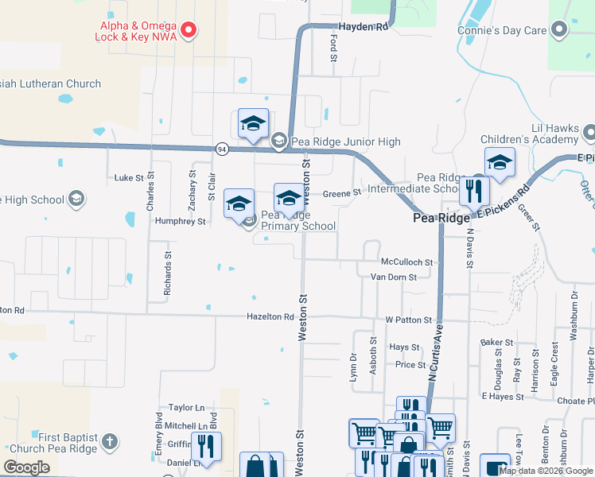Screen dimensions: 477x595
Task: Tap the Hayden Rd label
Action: (363, 26)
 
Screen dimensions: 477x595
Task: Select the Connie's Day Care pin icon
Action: (559, 30)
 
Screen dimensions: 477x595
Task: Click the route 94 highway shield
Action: (222, 149)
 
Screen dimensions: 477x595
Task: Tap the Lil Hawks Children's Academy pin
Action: (589, 130)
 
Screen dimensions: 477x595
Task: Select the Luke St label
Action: (129, 178)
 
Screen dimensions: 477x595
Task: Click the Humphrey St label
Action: (181, 221)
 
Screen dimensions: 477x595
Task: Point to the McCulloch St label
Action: (406, 262)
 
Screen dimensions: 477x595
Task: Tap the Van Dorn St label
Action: (399, 277)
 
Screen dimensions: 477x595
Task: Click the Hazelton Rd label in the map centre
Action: (270, 316)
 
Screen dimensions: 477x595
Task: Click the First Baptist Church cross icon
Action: (110, 440)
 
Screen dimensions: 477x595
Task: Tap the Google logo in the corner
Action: (26, 467)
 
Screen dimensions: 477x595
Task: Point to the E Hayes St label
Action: (500, 395)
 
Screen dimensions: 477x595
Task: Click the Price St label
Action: (410, 365)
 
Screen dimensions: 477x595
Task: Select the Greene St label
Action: (342, 192)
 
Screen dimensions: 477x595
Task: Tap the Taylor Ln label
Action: (181, 406)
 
